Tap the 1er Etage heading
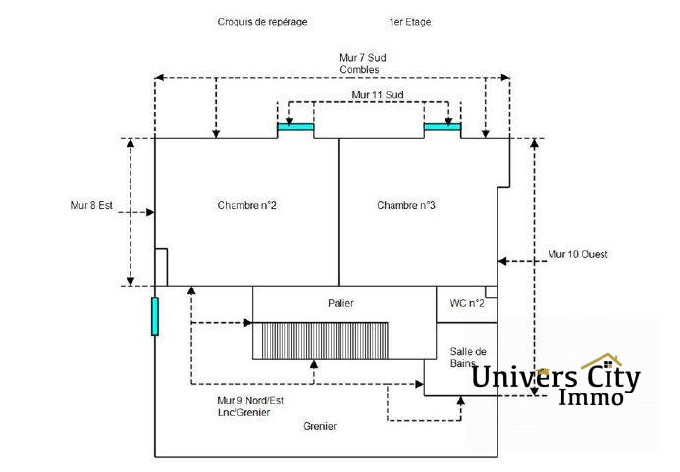coord(409,22)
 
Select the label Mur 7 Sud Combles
coord(362,64)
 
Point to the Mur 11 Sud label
coord(378,95)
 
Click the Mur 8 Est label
coord(91,206)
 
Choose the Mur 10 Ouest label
coord(577,255)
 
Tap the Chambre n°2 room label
coord(246,205)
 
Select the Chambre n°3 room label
coord(405,205)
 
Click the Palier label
coord(340,304)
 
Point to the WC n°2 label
coord(467,304)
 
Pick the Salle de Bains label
coord(468,357)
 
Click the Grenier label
coord(320,427)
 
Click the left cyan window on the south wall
coord(295,126)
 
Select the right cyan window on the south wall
coord(442,126)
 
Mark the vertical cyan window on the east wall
coord(155,316)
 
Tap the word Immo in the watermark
coord(591,397)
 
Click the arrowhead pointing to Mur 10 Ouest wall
coord(502,261)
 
